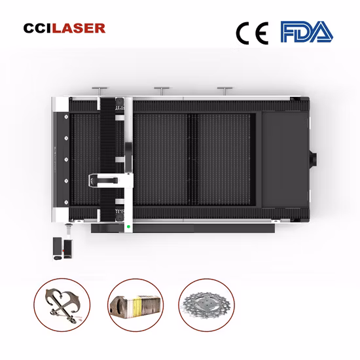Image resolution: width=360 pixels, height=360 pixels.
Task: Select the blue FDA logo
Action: tap(306, 31)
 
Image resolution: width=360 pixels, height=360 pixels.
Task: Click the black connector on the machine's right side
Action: tap(313, 158)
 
